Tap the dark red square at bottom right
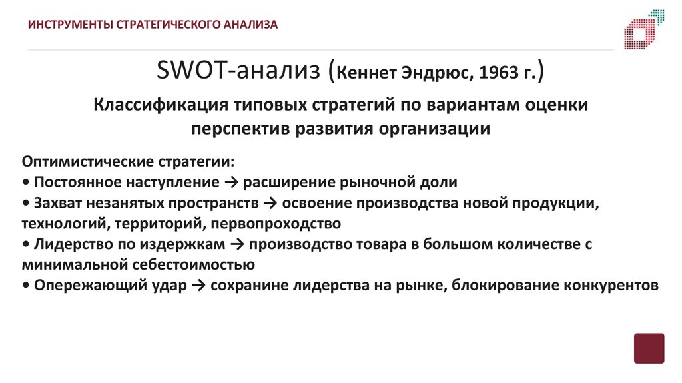[x=649, y=348]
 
